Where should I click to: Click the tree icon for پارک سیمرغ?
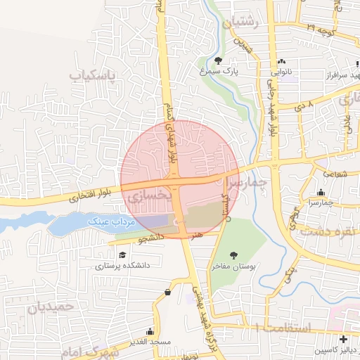219,60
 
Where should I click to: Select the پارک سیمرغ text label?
231,71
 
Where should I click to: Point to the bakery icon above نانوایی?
281,62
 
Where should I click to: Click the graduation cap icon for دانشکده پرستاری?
123,256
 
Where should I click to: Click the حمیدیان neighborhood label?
51,307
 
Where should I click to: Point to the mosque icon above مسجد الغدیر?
149,331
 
